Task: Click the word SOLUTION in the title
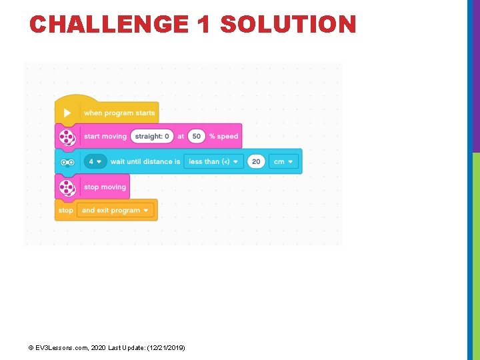click(x=288, y=25)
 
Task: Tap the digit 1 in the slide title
click(x=204, y=25)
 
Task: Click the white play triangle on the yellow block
click(x=67, y=113)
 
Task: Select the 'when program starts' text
click(x=119, y=113)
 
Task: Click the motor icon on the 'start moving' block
click(x=67, y=137)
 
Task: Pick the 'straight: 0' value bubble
click(x=152, y=137)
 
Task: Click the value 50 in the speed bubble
click(x=196, y=137)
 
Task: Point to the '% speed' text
click(x=223, y=137)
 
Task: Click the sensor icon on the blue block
click(x=67, y=161)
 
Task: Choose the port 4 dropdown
click(x=95, y=161)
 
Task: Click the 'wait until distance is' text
click(x=145, y=161)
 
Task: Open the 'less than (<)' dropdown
click(x=213, y=161)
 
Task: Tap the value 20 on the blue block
click(x=256, y=161)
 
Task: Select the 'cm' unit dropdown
click(x=283, y=161)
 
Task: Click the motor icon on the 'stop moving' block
click(x=67, y=187)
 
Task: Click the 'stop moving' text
click(x=105, y=187)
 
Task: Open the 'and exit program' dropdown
click(x=115, y=211)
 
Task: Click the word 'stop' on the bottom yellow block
click(x=65, y=211)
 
